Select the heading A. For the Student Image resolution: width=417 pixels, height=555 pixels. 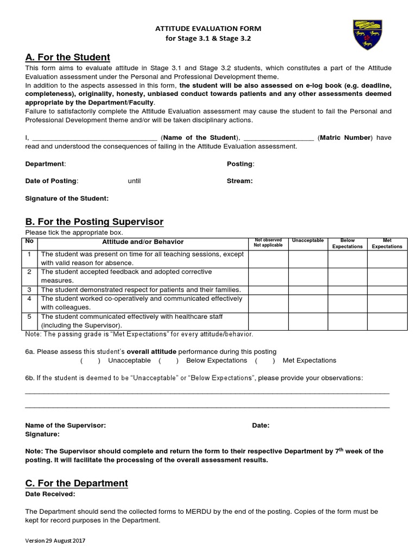68,57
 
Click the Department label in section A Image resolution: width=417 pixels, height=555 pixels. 46,164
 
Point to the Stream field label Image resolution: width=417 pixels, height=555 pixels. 239,181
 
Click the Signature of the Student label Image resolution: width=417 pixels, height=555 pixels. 67,198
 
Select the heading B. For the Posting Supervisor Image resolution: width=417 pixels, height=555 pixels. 94,222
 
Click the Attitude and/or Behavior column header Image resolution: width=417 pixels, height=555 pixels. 143,242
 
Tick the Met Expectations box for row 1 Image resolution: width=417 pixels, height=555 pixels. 387,259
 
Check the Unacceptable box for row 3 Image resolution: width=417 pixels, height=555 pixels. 308,289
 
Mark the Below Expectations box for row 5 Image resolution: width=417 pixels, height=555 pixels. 347,321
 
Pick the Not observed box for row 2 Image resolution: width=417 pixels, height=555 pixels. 268,276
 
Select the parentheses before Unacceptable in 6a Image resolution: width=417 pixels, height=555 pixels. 90,360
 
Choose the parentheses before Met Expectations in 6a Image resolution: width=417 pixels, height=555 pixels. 265,360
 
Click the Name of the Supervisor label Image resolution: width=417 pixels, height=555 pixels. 66,425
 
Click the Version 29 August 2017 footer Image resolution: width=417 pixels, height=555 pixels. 55,541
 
